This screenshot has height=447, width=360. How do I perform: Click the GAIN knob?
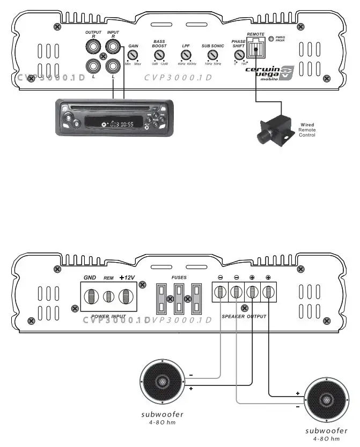click(x=133, y=56)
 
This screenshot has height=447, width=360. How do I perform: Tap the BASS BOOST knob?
click(x=159, y=55)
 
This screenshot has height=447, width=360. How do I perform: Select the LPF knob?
click(x=186, y=55)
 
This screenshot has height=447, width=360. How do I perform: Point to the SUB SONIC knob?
click(x=212, y=55)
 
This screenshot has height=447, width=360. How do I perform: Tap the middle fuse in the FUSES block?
click(x=179, y=298)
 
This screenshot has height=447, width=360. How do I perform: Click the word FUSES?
click(x=179, y=278)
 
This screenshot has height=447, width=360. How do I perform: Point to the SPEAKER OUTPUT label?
click(x=244, y=317)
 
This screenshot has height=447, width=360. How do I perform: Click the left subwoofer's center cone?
click(x=163, y=382)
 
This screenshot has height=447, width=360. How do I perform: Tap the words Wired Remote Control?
click(x=307, y=130)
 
